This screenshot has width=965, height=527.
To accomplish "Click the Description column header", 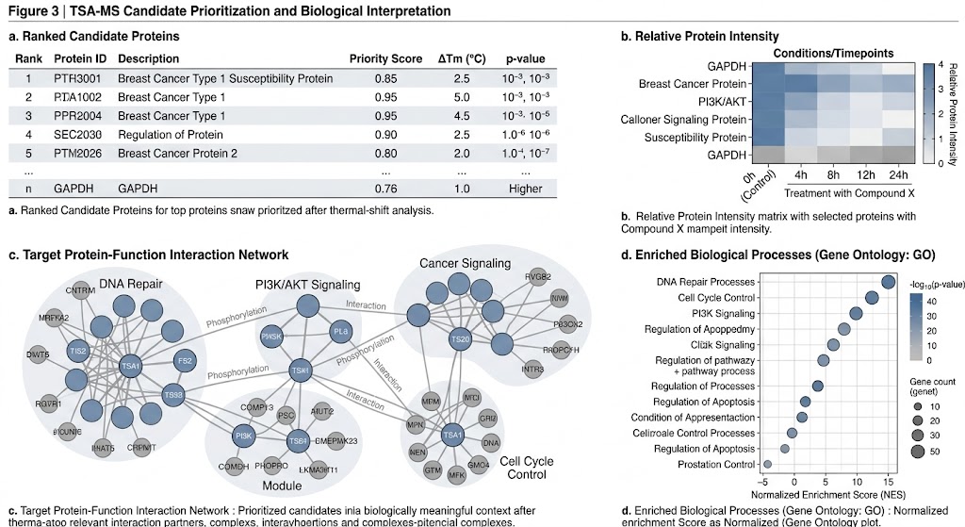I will pos(149,58).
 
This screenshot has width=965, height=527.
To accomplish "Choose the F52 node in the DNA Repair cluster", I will pos(186,359).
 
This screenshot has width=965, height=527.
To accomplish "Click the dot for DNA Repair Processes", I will pos(888,281).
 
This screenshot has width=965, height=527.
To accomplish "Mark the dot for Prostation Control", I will pos(767,464).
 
